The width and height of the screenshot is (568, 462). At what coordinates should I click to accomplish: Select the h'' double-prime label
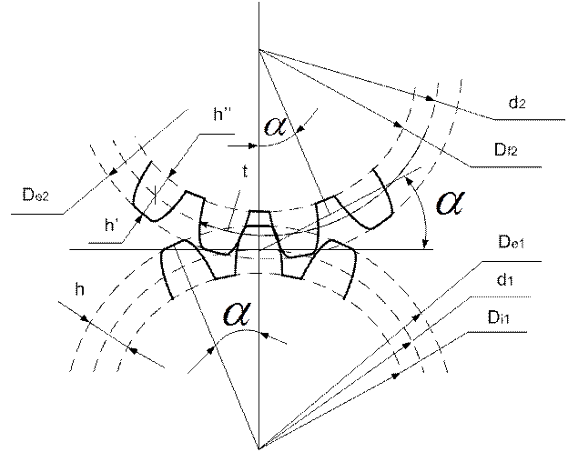tap(219, 115)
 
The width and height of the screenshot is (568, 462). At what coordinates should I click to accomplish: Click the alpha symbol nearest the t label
tap(275, 129)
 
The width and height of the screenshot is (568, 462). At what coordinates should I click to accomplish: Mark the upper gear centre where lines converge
tap(259, 51)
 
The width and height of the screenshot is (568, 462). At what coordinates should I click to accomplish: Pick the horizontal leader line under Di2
tap(510, 166)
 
